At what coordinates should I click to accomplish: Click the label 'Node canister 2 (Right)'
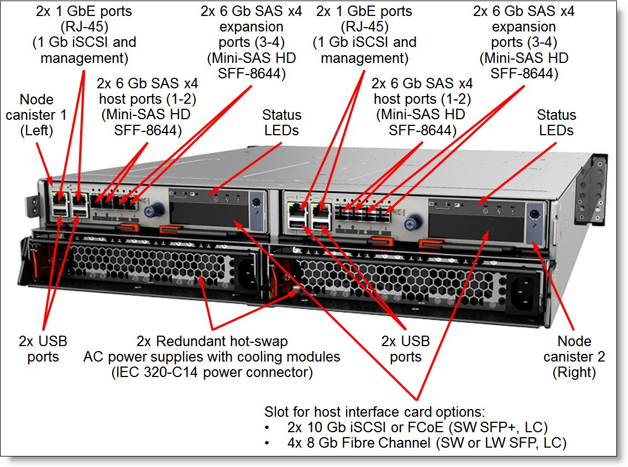click(574, 357)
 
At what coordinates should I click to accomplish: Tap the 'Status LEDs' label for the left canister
click(281, 123)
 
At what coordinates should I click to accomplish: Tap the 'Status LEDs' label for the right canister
click(556, 123)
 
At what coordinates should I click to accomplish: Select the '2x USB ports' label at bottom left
click(43, 349)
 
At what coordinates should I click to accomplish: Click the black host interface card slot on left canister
click(205, 213)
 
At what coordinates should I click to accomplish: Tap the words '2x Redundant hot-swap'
click(212, 341)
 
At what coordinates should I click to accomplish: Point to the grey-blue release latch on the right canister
click(533, 221)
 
